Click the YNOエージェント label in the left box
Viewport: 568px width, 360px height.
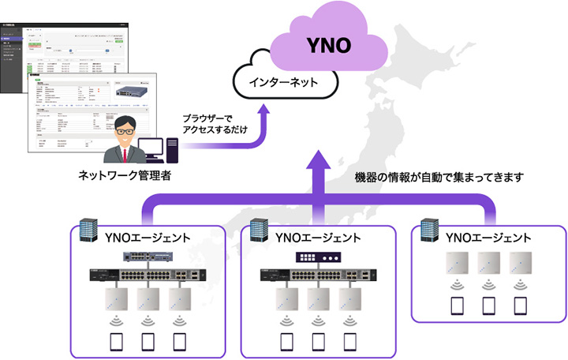[x=147, y=238]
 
